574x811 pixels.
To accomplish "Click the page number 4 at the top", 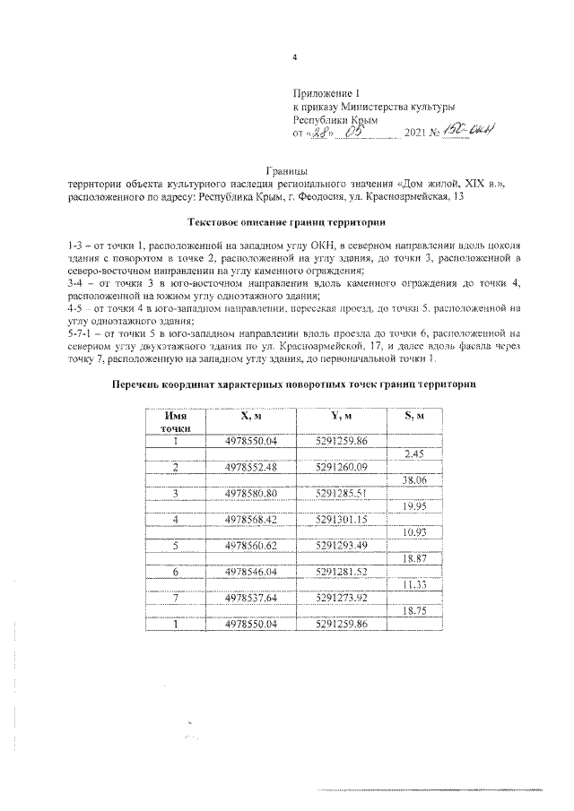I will [x=294, y=59].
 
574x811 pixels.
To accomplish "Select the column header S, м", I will [x=414, y=416].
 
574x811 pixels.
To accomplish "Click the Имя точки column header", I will [x=176, y=422].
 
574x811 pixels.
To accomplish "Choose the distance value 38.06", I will [x=414, y=480].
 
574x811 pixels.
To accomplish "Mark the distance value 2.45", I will [x=414, y=454].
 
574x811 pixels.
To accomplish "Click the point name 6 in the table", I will [x=176, y=571].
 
